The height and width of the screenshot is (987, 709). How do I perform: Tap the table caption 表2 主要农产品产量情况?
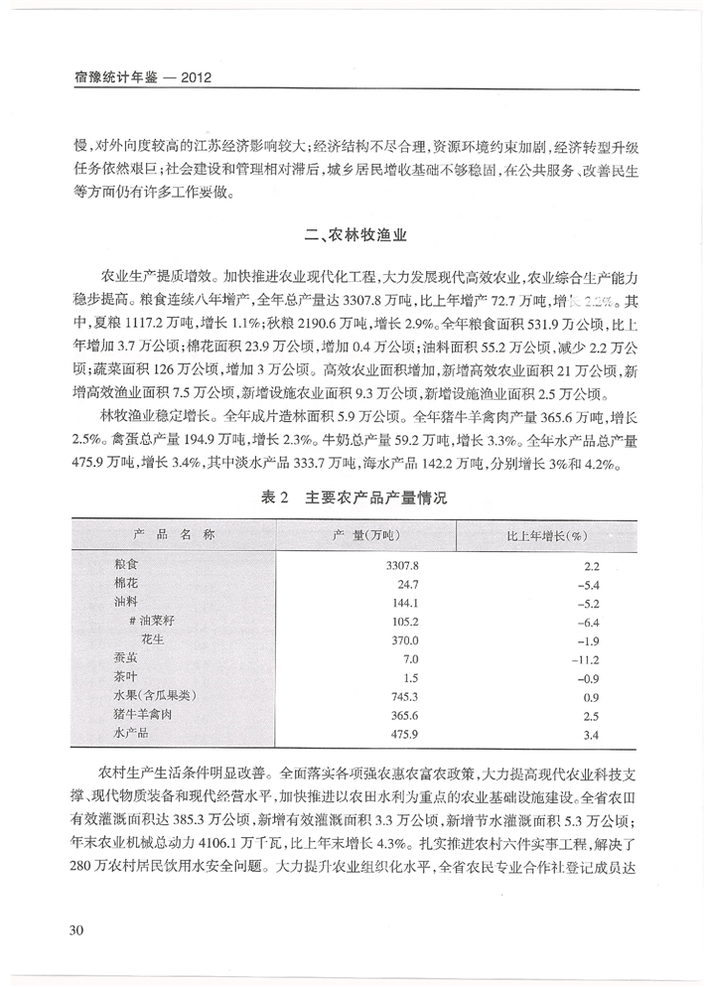coord(354,498)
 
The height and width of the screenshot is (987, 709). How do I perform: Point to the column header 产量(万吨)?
coord(365,535)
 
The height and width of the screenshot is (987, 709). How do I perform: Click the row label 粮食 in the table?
coord(127,564)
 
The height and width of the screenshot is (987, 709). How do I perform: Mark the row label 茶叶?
coord(127,678)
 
